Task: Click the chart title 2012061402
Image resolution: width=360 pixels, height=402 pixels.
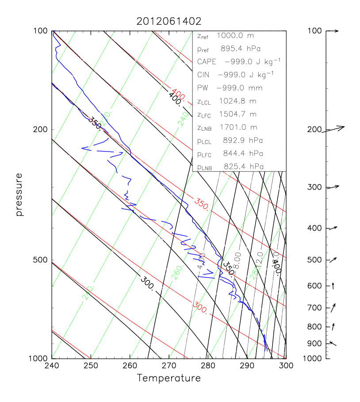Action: click(x=169, y=21)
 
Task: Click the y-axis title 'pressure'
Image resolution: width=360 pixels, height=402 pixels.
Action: click(x=19, y=194)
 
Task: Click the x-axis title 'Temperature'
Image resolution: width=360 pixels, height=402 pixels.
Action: click(x=169, y=378)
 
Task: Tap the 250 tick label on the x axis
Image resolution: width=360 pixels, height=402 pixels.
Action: click(x=91, y=366)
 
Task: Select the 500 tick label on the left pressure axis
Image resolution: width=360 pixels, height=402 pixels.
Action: click(x=41, y=260)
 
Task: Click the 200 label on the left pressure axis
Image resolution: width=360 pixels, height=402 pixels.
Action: click(x=41, y=129)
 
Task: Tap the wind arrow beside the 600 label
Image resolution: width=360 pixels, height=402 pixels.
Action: click(x=333, y=285)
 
